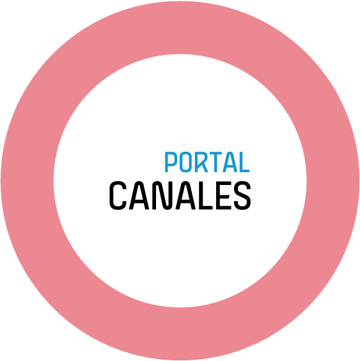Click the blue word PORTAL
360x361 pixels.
click(207, 162)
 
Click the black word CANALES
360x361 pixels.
click(180, 196)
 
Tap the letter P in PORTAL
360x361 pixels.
click(170, 162)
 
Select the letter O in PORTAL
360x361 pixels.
click(185, 162)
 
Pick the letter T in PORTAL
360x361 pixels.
click(215, 162)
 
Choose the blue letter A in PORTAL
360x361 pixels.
click(230, 162)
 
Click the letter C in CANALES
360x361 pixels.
click(118, 196)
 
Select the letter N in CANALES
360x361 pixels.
click(162, 196)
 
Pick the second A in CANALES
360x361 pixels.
click(185, 196)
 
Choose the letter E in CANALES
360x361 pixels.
click(223, 196)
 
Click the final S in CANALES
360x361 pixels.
click(242, 196)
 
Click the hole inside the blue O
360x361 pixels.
click(185, 162)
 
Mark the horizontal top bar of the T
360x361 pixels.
click(215, 154)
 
